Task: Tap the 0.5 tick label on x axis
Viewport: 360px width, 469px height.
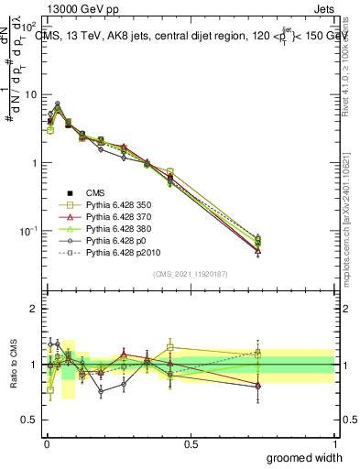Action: [x=191, y=442]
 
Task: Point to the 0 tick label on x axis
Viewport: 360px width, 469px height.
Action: [x=46, y=442]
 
